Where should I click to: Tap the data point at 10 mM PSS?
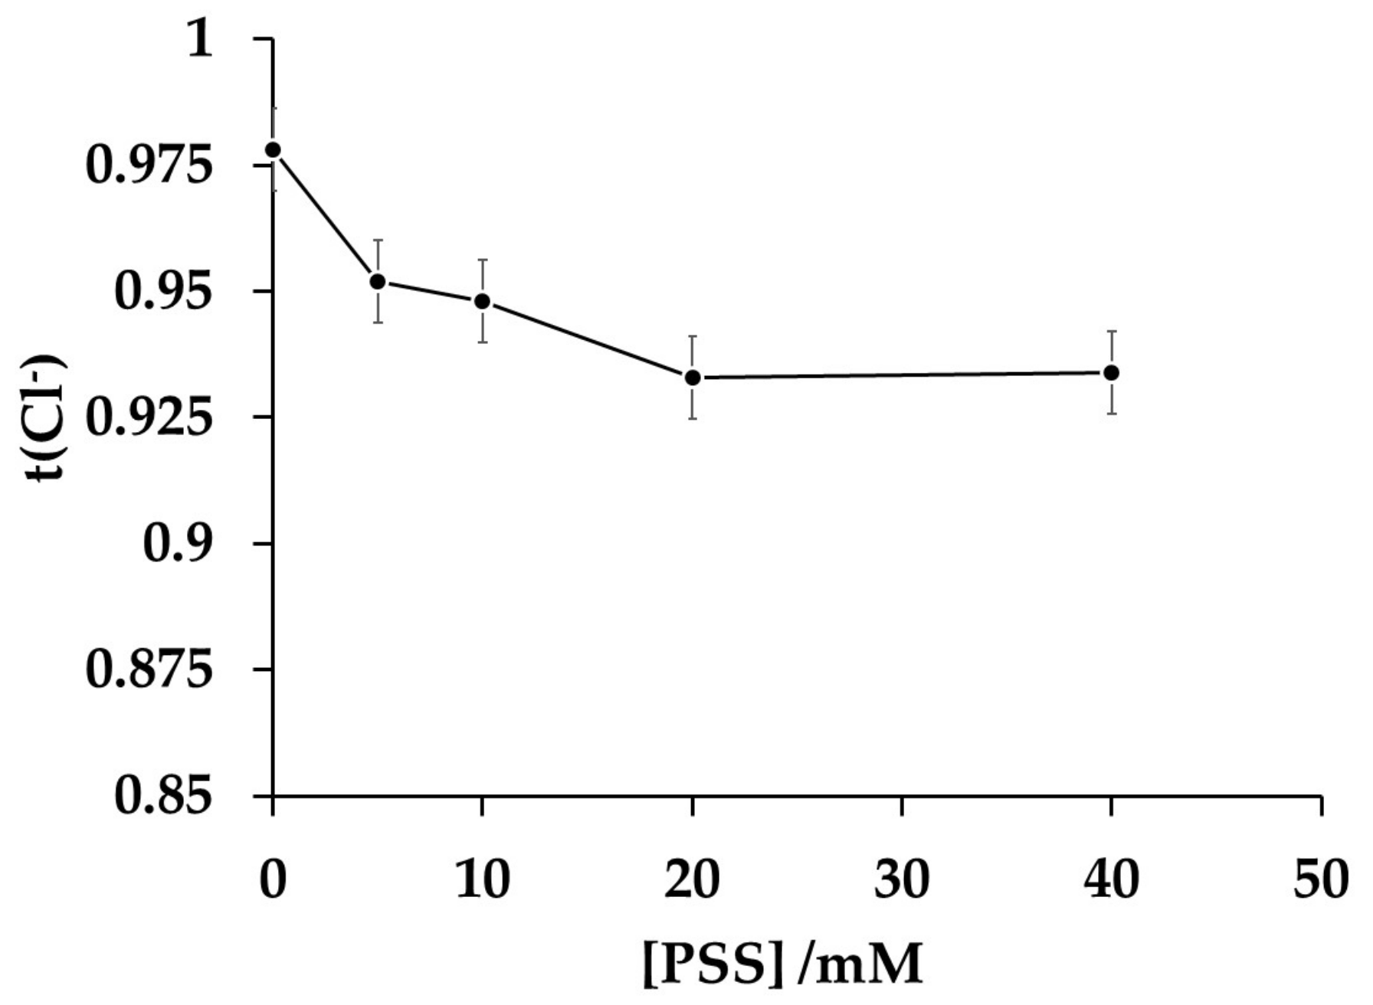pos(482,301)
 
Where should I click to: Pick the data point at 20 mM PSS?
pos(693,377)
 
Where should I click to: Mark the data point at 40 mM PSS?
pos(1111,373)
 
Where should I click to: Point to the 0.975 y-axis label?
pos(148,165)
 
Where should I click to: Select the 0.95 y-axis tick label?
pos(162,291)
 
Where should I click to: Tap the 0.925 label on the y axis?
pos(148,417)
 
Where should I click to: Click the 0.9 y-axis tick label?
pos(176,544)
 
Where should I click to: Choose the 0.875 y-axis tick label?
pos(148,670)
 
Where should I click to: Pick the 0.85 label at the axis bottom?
pos(162,797)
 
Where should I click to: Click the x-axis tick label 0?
pos(273,879)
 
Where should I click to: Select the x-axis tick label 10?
pos(482,879)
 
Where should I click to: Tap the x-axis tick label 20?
pos(692,879)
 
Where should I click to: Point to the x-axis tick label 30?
pos(902,879)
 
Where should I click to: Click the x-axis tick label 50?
pos(1320,879)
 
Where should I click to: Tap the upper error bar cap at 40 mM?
pos(1111,332)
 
